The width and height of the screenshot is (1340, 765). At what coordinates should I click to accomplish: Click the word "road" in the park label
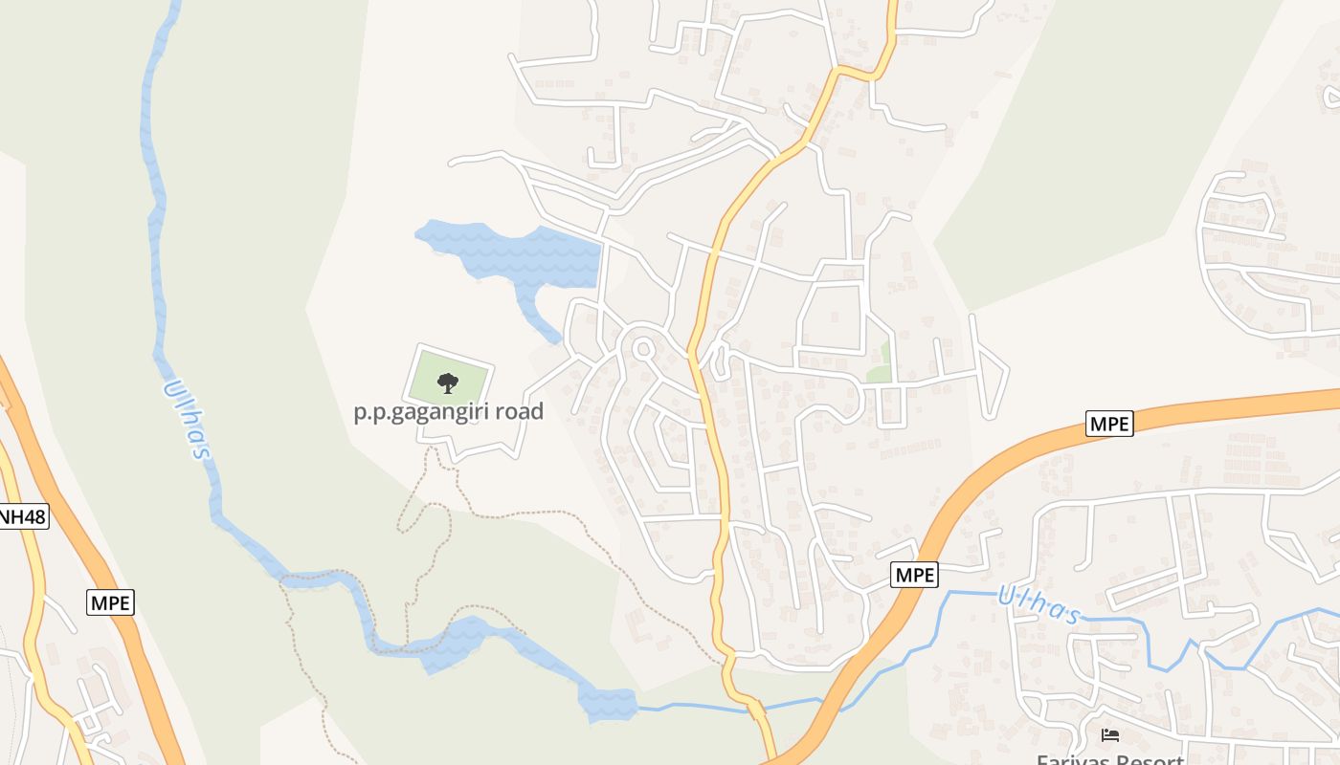pos(513,412)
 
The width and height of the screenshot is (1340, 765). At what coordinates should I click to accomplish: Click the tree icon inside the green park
pos(447,383)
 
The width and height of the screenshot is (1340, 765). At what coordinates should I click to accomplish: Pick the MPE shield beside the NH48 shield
pos(111,602)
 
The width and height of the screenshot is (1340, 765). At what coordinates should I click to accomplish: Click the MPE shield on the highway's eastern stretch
pos(1109,423)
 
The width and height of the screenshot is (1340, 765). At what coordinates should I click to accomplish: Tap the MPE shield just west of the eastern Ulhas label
pos(914,575)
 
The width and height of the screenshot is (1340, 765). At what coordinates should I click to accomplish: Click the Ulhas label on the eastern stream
pos(1038,603)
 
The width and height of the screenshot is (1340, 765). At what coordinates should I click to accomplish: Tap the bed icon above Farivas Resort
pos(1110,734)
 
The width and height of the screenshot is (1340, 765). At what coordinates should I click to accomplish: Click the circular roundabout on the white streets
pos(642,350)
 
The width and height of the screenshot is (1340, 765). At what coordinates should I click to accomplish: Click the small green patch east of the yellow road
pos(880,369)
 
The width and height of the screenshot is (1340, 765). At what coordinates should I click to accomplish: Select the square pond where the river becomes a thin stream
pos(608,704)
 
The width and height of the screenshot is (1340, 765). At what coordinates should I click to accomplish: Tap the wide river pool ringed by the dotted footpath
pos(455,643)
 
